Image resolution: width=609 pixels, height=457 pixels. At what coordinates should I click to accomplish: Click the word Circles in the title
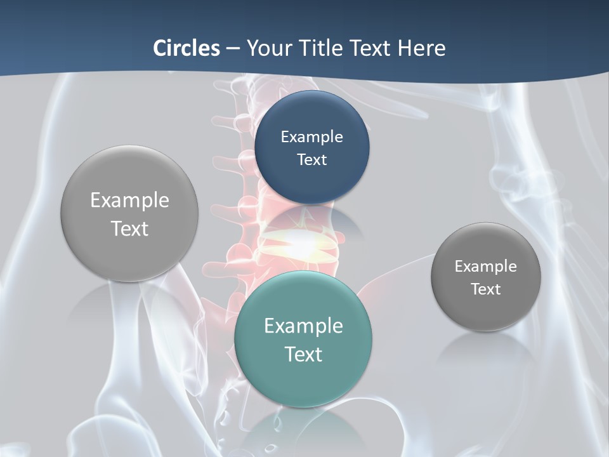187,48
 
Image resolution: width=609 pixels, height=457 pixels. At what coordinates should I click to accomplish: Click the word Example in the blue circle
312,136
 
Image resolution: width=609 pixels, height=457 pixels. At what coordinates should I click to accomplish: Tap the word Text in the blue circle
312,159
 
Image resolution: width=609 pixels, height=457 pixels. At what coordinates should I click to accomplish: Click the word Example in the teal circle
303,326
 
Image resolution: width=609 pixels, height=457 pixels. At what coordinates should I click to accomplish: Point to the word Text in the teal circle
303,354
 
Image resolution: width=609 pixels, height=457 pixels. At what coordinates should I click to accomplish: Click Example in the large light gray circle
129,200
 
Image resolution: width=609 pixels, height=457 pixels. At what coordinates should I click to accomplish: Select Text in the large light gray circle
129,228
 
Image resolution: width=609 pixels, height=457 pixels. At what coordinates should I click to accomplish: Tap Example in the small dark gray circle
486,266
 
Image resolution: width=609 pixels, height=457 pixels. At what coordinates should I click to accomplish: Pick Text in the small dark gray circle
486,289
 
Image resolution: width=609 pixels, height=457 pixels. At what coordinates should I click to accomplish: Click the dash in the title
233,48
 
